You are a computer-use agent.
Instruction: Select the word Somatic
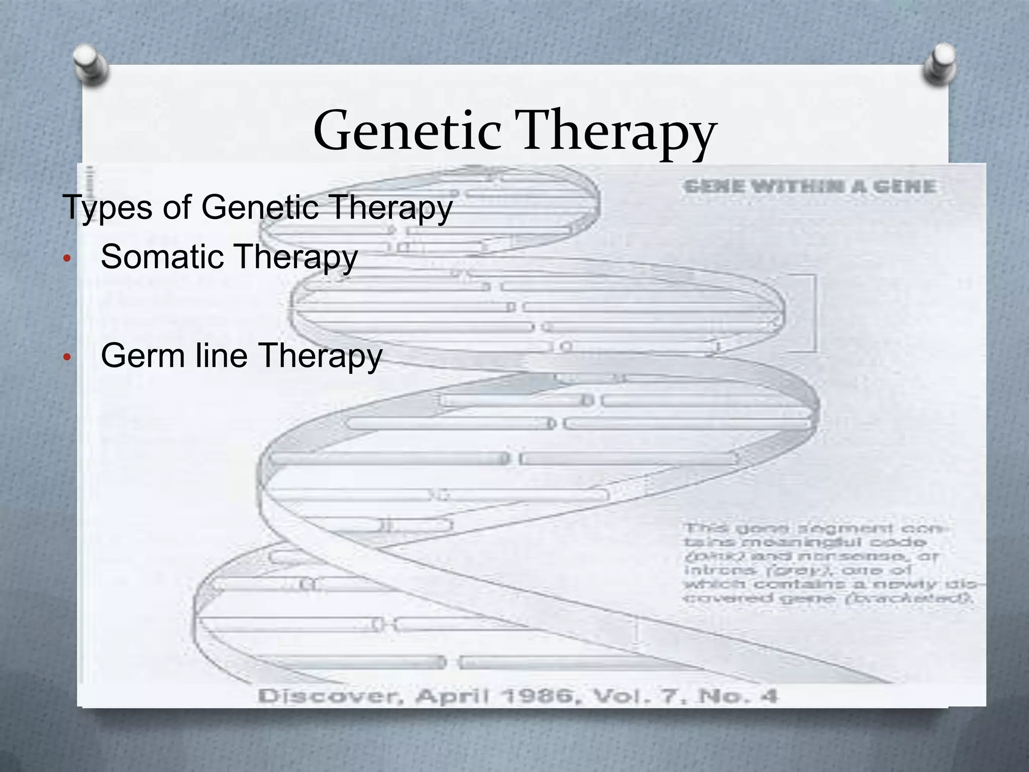(163, 256)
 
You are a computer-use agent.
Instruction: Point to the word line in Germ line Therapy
(222, 355)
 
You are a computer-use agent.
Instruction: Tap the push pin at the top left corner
(90, 65)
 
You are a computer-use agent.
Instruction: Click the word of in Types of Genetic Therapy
(177, 207)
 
